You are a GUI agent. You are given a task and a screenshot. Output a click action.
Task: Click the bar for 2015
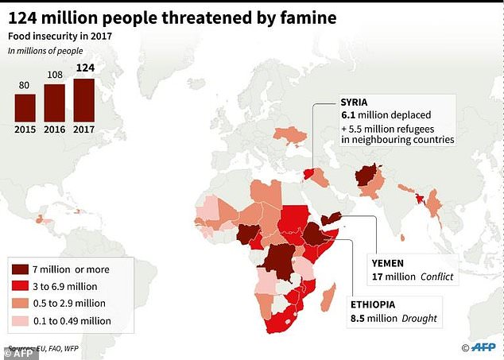25,107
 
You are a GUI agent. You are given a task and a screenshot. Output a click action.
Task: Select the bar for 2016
55,103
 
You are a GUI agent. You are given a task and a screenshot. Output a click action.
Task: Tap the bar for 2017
84,99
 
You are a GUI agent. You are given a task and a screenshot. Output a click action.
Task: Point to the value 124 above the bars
84,68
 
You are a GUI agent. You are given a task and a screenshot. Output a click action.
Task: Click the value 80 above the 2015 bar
25,85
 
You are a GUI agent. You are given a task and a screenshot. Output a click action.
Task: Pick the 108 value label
55,75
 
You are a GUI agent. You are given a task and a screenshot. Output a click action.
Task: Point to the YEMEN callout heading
388,262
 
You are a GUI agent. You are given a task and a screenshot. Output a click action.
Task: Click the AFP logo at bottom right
480,347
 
